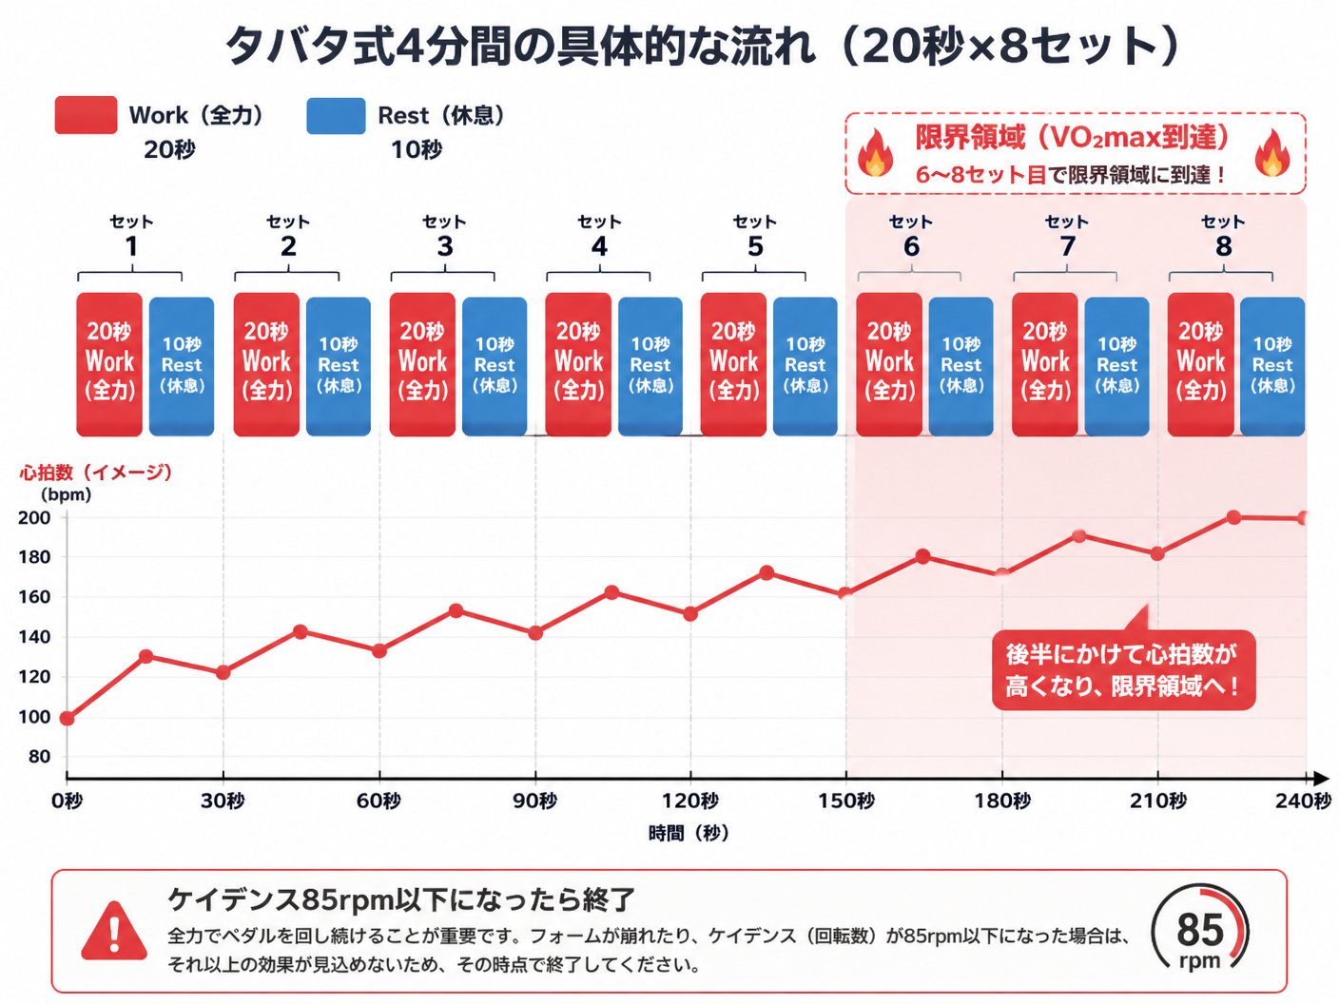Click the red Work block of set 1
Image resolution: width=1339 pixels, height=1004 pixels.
click(x=109, y=364)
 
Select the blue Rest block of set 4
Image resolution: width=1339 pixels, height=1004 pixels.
click(x=650, y=366)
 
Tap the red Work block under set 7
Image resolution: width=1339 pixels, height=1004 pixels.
click(x=1045, y=364)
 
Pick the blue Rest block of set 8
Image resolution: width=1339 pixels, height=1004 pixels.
click(x=1272, y=366)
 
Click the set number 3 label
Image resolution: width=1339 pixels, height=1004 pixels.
click(x=445, y=246)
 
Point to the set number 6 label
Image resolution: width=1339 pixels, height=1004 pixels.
click(x=911, y=246)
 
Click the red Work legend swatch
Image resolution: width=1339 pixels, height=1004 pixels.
click(x=86, y=115)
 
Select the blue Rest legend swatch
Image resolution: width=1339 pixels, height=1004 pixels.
click(x=336, y=116)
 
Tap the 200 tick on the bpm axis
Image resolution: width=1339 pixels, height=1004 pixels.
click(x=34, y=517)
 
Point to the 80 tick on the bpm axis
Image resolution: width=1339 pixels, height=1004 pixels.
click(x=38, y=757)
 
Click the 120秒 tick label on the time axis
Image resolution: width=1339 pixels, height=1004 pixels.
click(x=690, y=801)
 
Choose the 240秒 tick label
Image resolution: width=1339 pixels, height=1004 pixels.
click(x=1304, y=801)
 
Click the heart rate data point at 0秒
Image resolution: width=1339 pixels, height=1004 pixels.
click(x=68, y=719)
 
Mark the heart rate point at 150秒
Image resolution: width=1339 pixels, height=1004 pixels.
click(x=845, y=593)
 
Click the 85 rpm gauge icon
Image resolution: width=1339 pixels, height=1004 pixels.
click(x=1200, y=930)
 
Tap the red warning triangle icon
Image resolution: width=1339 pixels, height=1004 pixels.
click(x=114, y=932)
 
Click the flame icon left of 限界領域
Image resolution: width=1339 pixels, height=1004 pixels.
click(x=875, y=152)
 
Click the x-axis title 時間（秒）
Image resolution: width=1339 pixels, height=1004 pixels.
click(x=689, y=833)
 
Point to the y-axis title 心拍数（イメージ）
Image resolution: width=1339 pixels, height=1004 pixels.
click(x=96, y=472)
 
